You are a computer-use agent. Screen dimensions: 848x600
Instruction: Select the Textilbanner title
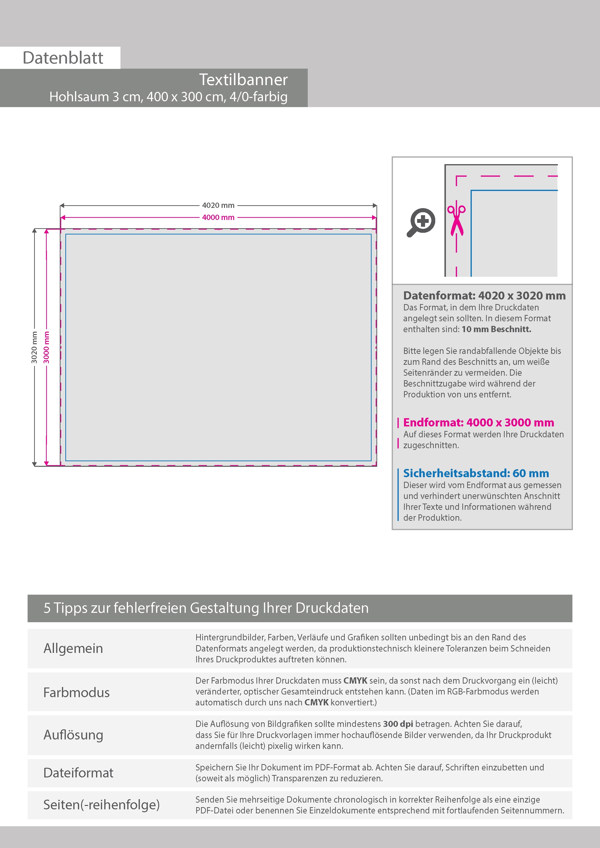(243, 79)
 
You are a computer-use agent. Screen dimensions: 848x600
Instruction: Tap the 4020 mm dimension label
(218, 205)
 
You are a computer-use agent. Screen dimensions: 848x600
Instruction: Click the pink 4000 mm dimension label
(218, 218)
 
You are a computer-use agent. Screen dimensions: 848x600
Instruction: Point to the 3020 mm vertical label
(34, 347)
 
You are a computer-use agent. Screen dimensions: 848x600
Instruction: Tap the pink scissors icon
(456, 220)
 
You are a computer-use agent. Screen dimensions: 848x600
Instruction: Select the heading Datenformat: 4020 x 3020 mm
(484, 295)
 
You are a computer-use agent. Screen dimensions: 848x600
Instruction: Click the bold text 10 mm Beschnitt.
(496, 329)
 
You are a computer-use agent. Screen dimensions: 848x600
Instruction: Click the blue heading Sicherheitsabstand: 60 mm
(476, 473)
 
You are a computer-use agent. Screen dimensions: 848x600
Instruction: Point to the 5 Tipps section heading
(206, 608)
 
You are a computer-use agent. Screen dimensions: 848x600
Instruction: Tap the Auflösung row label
(73, 735)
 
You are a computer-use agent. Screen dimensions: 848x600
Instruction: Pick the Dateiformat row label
(78, 773)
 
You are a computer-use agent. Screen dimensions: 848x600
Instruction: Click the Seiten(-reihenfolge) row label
(101, 804)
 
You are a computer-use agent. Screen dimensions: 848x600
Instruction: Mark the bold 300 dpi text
(398, 724)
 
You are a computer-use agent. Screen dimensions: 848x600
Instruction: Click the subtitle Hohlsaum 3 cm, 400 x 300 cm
(168, 97)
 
